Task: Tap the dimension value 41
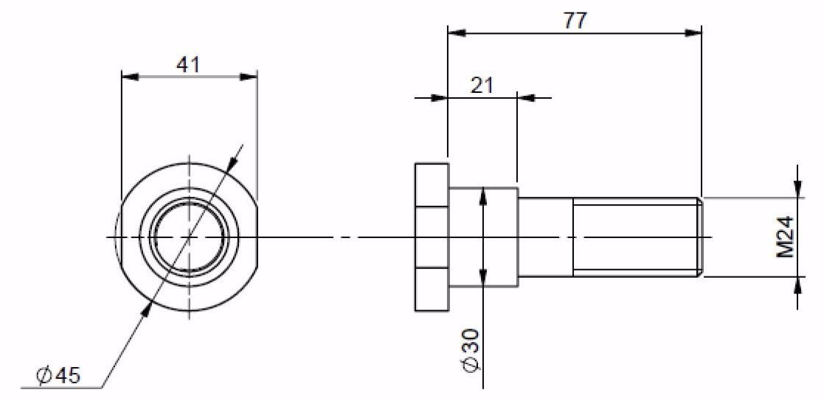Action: [188, 65]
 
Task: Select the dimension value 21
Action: [482, 86]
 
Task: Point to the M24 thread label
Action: [786, 237]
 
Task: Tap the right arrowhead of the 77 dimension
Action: [693, 33]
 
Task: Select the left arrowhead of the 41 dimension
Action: [130, 77]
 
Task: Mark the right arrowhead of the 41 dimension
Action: [249, 77]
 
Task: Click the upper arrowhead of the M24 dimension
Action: [797, 189]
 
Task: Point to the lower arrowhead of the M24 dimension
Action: [797, 285]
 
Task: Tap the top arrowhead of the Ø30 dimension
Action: [483, 198]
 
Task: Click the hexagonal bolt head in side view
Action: [432, 237]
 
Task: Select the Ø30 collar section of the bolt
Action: [483, 237]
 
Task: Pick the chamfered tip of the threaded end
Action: [701, 237]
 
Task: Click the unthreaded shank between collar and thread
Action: [545, 237]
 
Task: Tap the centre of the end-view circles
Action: [189, 237]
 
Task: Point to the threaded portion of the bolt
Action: [636, 237]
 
